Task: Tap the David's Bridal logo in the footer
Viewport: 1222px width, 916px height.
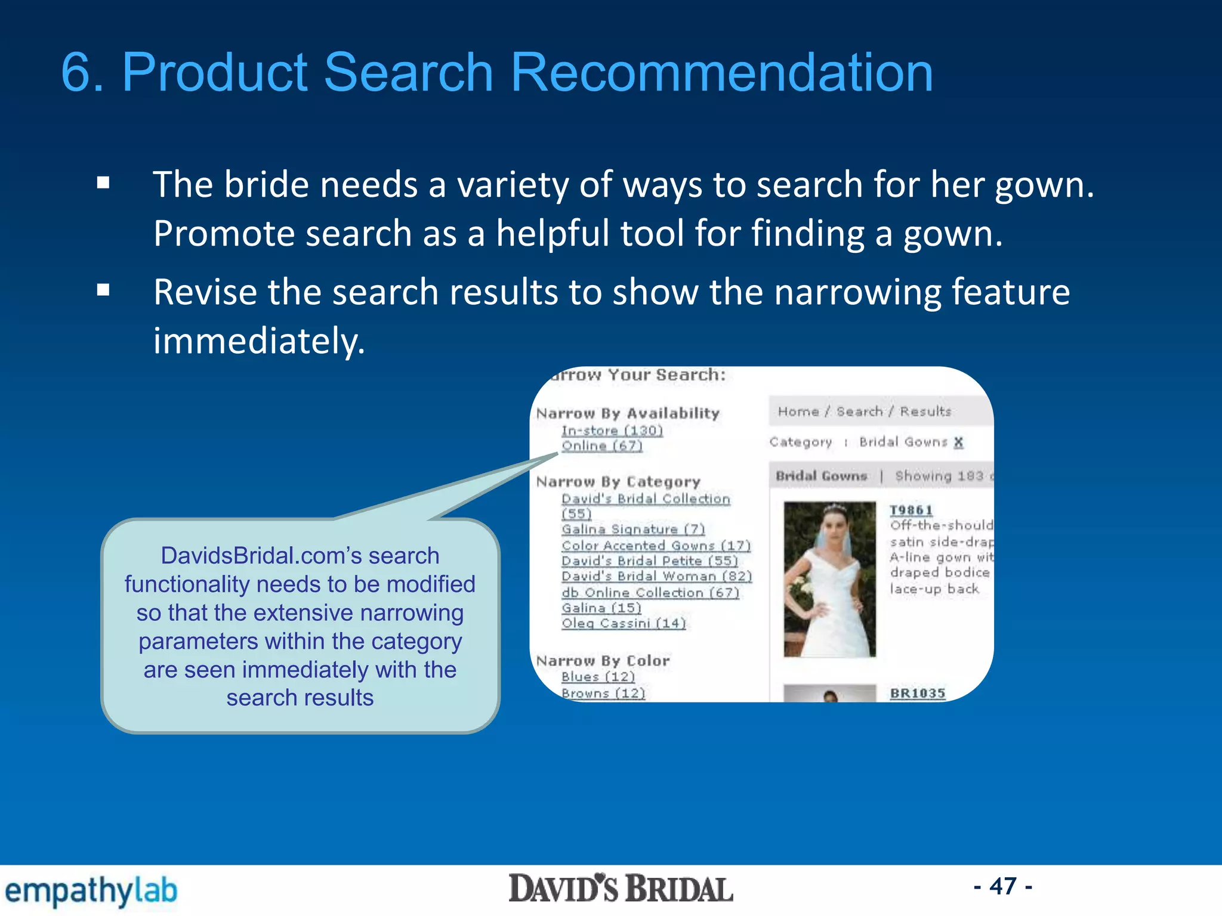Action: click(621, 889)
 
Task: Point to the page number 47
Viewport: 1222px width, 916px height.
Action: click(1003, 886)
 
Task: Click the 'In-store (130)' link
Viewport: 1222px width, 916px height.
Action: click(612, 431)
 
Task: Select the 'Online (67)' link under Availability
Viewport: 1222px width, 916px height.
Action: click(601, 446)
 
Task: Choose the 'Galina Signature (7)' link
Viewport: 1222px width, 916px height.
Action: click(633, 530)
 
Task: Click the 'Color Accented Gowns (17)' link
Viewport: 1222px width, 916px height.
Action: click(656, 546)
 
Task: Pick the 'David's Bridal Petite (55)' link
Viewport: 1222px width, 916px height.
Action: click(649, 561)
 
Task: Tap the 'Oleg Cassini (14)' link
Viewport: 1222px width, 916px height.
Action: click(624, 623)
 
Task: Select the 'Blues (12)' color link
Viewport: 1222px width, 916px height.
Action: click(598, 677)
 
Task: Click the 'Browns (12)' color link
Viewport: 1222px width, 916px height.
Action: click(603, 694)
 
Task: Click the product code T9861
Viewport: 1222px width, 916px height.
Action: click(911, 510)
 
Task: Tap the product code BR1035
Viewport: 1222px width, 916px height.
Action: click(918, 694)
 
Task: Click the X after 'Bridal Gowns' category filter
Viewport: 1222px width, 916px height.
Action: click(958, 442)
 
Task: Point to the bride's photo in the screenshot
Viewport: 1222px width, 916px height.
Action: click(829, 579)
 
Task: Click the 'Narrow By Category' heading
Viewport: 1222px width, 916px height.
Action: click(618, 482)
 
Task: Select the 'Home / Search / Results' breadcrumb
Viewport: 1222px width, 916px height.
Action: click(864, 411)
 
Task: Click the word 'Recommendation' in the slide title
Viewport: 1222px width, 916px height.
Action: click(722, 72)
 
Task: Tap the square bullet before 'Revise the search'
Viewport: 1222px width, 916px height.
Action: click(103, 290)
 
